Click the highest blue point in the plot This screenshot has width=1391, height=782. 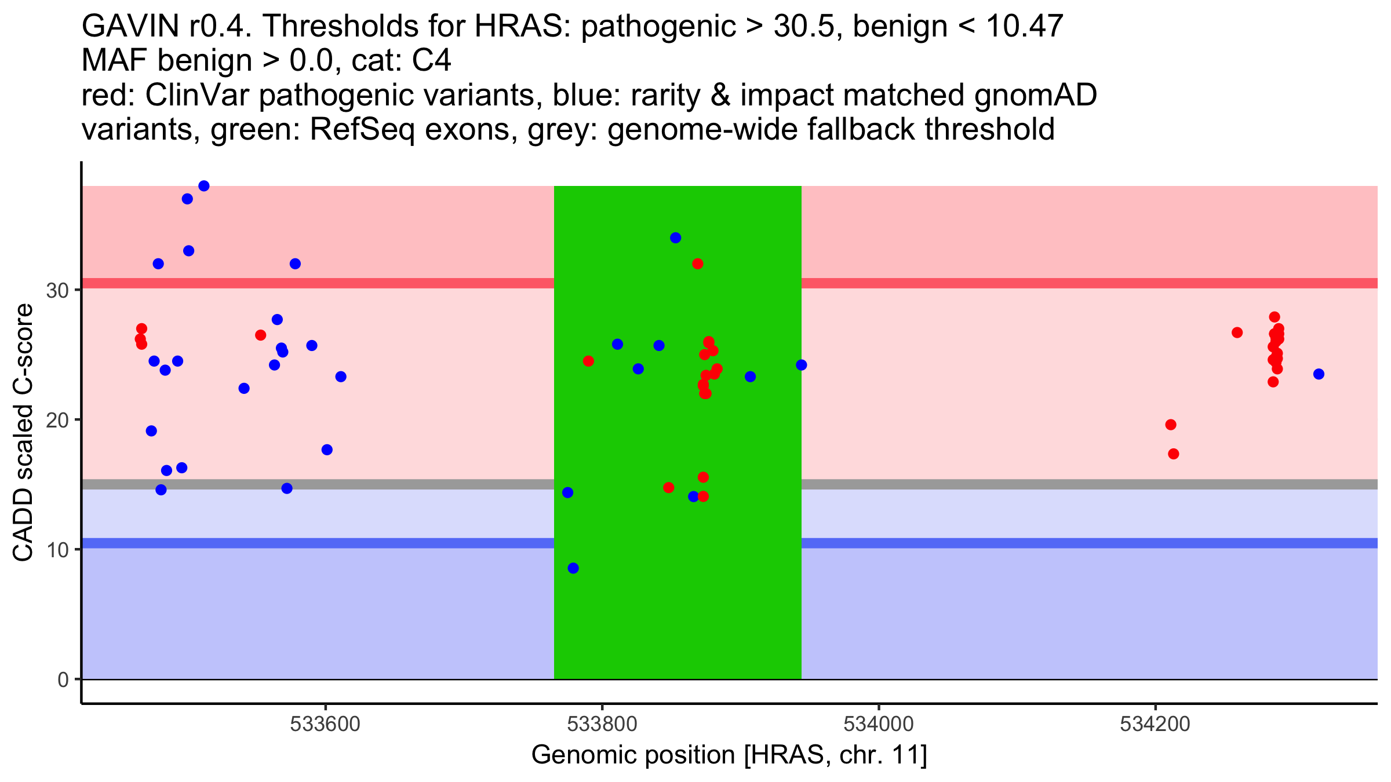(204, 186)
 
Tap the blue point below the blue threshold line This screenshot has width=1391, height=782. (573, 568)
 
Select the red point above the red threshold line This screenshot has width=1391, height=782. (698, 264)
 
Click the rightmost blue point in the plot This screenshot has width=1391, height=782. (1319, 374)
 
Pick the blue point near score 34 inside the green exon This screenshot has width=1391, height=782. (676, 238)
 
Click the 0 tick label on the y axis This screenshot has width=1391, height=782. (63, 679)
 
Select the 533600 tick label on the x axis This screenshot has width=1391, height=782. (326, 724)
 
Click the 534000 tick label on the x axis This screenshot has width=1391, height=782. (879, 724)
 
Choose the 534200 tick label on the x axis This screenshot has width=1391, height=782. (1155, 724)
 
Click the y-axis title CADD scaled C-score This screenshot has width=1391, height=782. (23, 433)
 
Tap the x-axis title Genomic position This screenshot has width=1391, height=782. (729, 755)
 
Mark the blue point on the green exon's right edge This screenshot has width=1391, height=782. (802, 365)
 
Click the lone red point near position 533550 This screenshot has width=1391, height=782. (261, 335)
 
